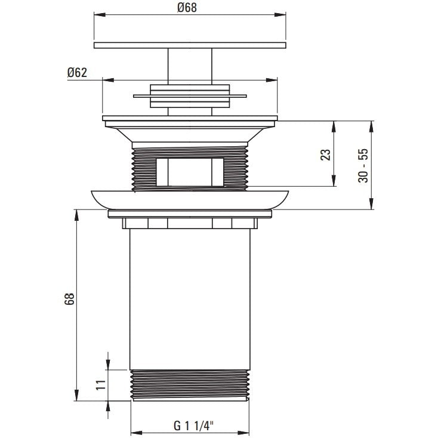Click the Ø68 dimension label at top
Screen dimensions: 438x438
click(187, 8)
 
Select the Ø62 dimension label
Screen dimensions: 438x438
click(77, 73)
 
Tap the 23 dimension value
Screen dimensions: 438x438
click(325, 155)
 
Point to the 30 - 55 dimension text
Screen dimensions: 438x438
click(363, 166)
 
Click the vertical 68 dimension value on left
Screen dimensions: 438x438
click(69, 299)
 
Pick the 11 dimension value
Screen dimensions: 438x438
click(101, 385)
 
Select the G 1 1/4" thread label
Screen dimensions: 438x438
click(193, 426)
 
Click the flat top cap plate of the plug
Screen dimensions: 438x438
click(190, 45)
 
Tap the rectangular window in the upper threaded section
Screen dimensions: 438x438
click(190, 172)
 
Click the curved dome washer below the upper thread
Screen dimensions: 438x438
click(190, 199)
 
